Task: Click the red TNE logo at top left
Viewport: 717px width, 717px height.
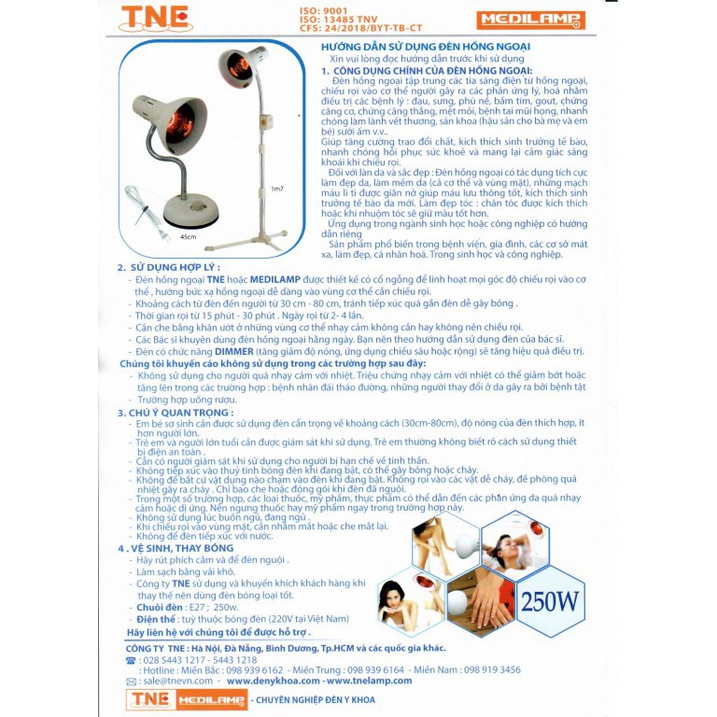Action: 154,19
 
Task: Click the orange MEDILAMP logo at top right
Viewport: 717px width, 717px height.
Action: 530,20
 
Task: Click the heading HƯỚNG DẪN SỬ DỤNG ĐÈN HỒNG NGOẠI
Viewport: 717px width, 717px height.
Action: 426,46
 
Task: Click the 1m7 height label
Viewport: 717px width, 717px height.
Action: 276,189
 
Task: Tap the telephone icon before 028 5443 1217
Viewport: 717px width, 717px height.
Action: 131,659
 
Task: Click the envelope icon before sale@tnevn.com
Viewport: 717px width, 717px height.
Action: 131,682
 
